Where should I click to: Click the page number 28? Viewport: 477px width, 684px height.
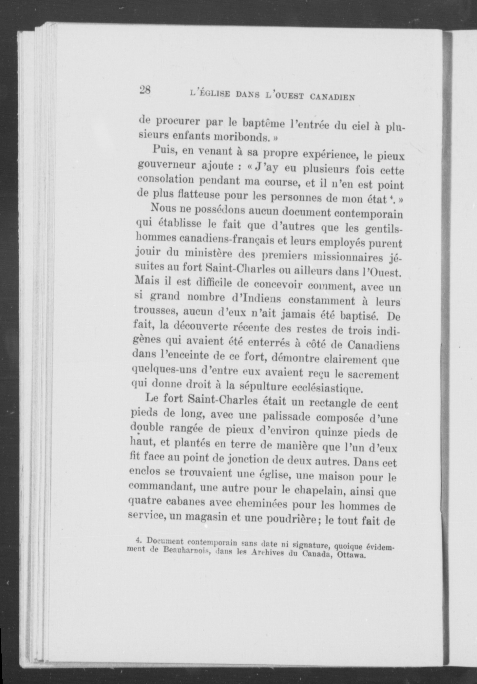click(x=145, y=90)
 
